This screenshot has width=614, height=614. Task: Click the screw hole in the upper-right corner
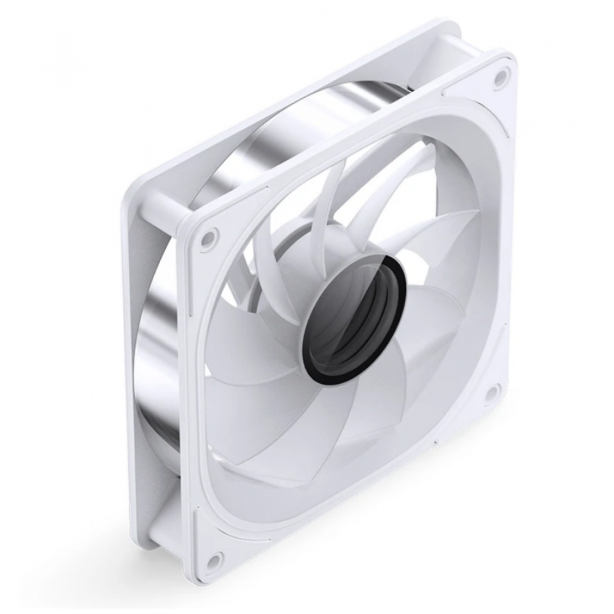point(500,76)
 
